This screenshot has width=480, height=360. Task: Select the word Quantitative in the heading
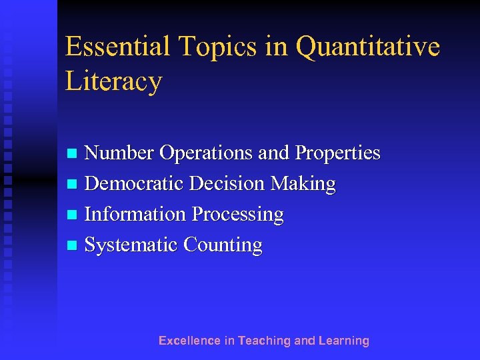[367, 47]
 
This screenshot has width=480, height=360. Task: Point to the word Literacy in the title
[113, 81]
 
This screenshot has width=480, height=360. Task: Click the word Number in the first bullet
[119, 153]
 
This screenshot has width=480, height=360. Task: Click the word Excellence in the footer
[189, 341]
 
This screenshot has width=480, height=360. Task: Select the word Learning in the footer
[344, 341]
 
